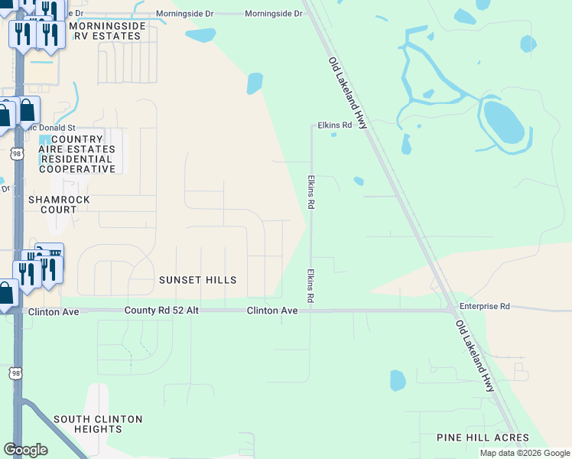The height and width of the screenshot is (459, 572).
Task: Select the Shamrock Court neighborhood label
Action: (53, 204)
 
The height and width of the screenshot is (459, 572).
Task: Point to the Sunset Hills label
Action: (197, 280)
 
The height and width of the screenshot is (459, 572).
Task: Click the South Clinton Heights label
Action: (98, 424)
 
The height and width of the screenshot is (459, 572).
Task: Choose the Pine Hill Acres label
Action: (482, 438)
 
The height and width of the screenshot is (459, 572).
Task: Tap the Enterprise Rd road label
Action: (484, 306)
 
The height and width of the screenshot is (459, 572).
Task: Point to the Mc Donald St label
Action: (50, 128)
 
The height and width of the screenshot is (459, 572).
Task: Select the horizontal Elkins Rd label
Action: (334, 125)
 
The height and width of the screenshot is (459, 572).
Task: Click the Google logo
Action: (25, 450)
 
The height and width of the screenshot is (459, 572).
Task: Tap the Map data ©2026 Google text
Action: (524, 453)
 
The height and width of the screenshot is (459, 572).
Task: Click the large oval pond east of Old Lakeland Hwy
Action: (504, 122)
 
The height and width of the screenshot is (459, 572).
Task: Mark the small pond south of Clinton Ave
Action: (398, 380)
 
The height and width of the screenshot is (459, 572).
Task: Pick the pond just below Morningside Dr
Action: (201, 35)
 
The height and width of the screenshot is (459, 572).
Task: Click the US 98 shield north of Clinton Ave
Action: (17, 154)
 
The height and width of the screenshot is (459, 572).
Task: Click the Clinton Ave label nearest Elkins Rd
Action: (271, 311)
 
